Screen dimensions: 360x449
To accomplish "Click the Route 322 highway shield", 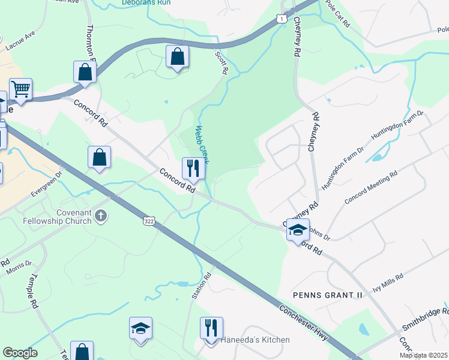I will [148, 222].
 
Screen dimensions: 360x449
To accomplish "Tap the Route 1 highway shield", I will [281, 20].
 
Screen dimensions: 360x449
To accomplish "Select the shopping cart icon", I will [20, 90].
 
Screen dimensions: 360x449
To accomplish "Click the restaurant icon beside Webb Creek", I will [193, 168].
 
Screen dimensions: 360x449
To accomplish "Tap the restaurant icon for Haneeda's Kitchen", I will [211, 328].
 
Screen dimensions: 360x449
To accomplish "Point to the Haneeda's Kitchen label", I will [255, 340].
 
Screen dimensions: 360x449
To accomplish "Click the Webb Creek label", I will [205, 144].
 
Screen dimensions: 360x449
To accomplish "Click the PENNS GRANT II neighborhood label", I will [328, 295].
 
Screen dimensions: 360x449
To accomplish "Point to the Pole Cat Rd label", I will [340, 10].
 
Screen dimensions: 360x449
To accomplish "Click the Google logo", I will [19, 353].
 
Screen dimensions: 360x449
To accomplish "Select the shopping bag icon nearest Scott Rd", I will [178, 57].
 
